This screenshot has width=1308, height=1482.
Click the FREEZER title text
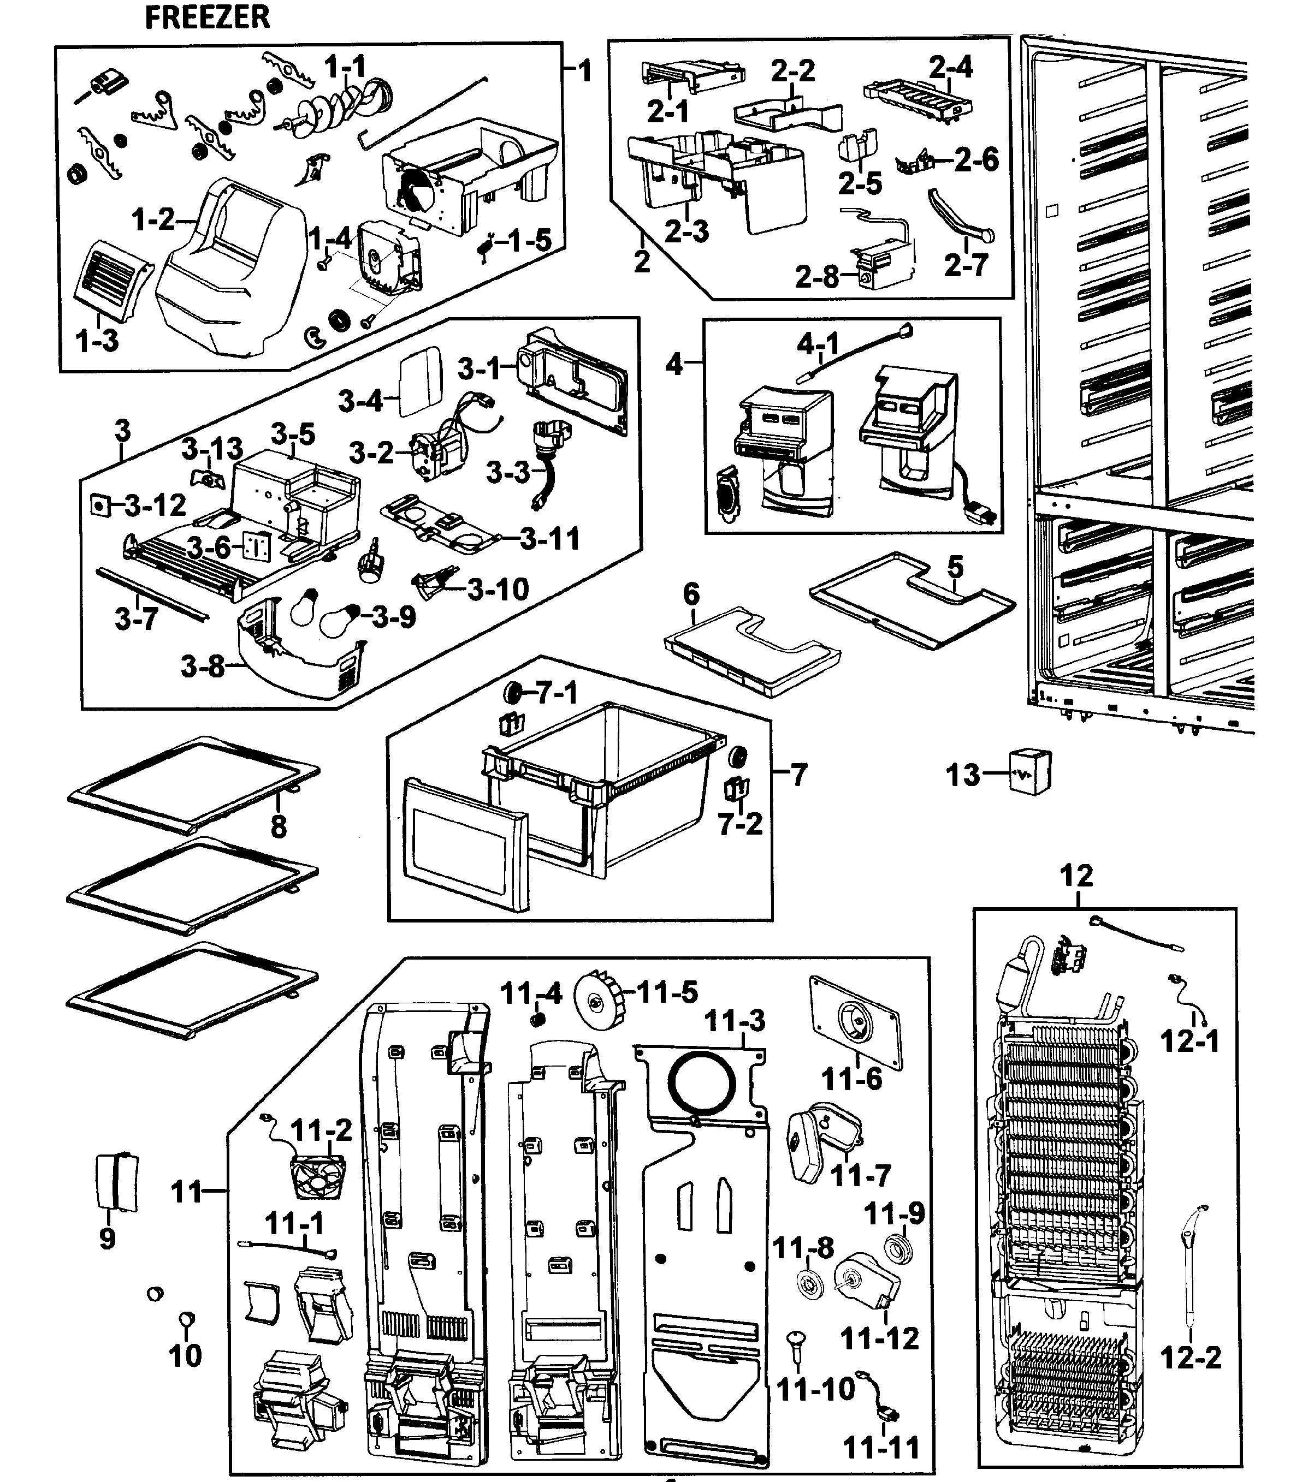pyautogui.click(x=208, y=17)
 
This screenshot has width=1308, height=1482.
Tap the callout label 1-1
pyautogui.click(x=345, y=68)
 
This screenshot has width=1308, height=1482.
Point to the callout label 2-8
pyautogui.click(x=816, y=276)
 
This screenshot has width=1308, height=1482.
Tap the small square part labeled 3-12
pyautogui.click(x=99, y=504)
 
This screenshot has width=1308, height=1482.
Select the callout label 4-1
pyautogui.click(x=818, y=344)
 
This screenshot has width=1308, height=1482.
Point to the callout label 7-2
pyautogui.click(x=740, y=824)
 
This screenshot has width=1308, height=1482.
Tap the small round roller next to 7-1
pyautogui.click(x=513, y=693)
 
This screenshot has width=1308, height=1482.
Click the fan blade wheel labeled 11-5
pyautogui.click(x=599, y=1001)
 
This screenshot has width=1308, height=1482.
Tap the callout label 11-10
pyautogui.click(x=815, y=1389)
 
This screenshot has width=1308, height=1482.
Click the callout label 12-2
pyautogui.click(x=1191, y=1356)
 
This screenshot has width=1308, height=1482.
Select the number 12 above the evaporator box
pyautogui.click(x=1076, y=876)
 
